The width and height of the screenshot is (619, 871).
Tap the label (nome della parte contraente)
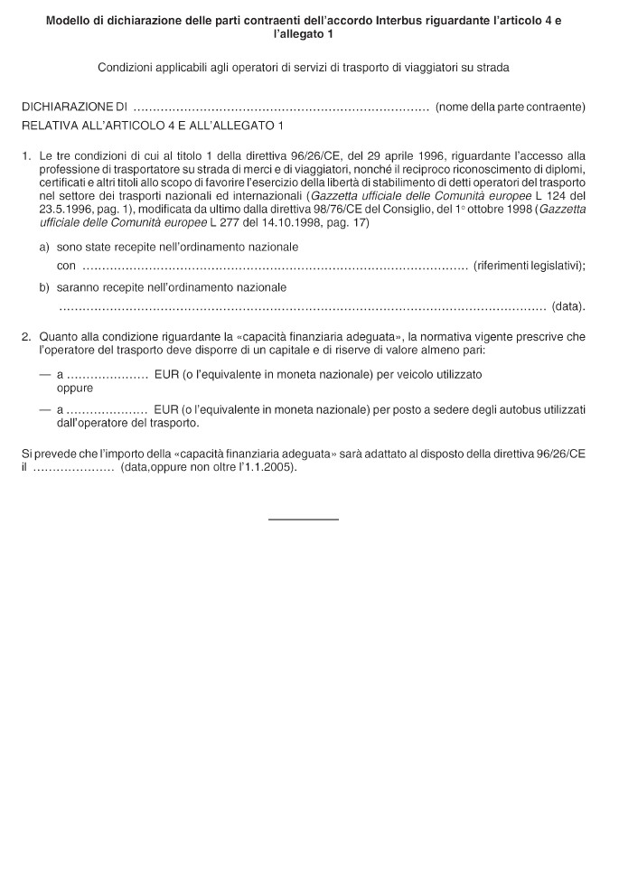tap(510, 108)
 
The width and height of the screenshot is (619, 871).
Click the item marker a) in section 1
tap(44, 247)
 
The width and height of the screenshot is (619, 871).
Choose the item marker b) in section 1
tap(44, 287)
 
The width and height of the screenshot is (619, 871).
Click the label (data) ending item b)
tap(567, 306)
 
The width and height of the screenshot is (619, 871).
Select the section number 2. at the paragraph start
tap(27, 337)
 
